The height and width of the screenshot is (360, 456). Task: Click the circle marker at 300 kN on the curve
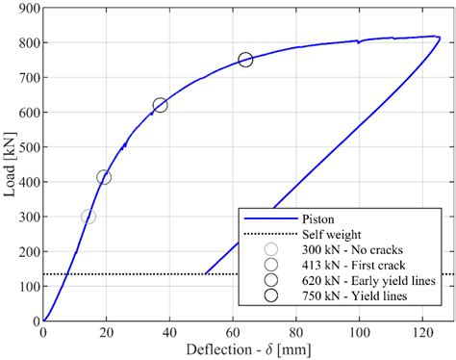pos(89,217)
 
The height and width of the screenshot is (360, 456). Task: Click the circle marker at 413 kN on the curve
pos(104,177)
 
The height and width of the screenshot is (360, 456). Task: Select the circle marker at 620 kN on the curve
pos(160,105)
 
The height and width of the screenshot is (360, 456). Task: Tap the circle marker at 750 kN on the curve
pos(245,60)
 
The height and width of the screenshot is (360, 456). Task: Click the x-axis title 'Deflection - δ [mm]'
pos(241,349)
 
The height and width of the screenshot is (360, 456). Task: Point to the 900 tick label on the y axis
pos(27,8)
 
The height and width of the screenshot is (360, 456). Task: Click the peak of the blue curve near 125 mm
pos(439,37)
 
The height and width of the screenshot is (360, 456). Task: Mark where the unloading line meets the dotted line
pos(206,274)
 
